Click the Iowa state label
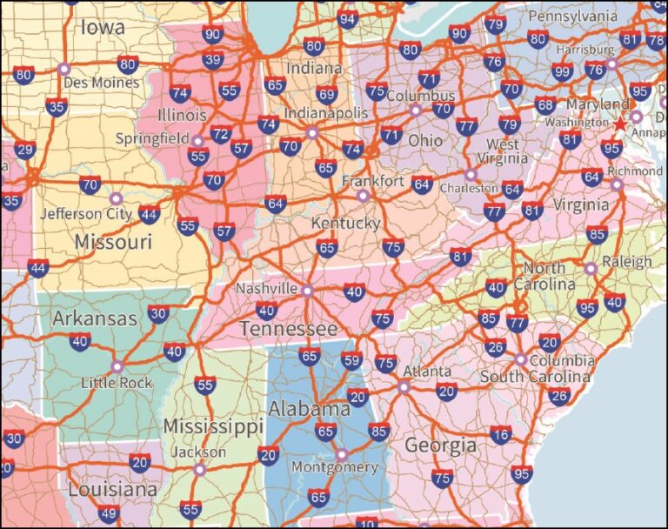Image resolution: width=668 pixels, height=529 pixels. click(x=102, y=28)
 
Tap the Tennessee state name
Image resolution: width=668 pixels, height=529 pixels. click(x=288, y=329)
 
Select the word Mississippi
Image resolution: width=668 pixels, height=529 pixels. click(x=212, y=427)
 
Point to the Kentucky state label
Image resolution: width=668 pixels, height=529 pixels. click(x=346, y=224)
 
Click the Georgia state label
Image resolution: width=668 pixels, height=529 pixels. click(x=440, y=445)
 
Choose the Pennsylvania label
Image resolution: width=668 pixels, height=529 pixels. click(x=572, y=17)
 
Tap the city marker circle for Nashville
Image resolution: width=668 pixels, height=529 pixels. click(x=307, y=290)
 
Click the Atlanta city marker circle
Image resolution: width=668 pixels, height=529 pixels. click(x=404, y=386)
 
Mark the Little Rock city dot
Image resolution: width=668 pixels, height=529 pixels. click(x=117, y=366)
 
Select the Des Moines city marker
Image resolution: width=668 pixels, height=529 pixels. click(x=63, y=68)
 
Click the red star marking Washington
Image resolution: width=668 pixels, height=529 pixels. click(x=620, y=124)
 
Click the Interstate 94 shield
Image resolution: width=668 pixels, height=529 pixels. click(x=348, y=19)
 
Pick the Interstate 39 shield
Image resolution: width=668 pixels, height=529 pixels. click(x=212, y=59)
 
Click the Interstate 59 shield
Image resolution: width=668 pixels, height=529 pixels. click(x=351, y=359)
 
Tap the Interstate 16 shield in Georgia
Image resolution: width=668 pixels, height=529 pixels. click(x=500, y=435)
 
